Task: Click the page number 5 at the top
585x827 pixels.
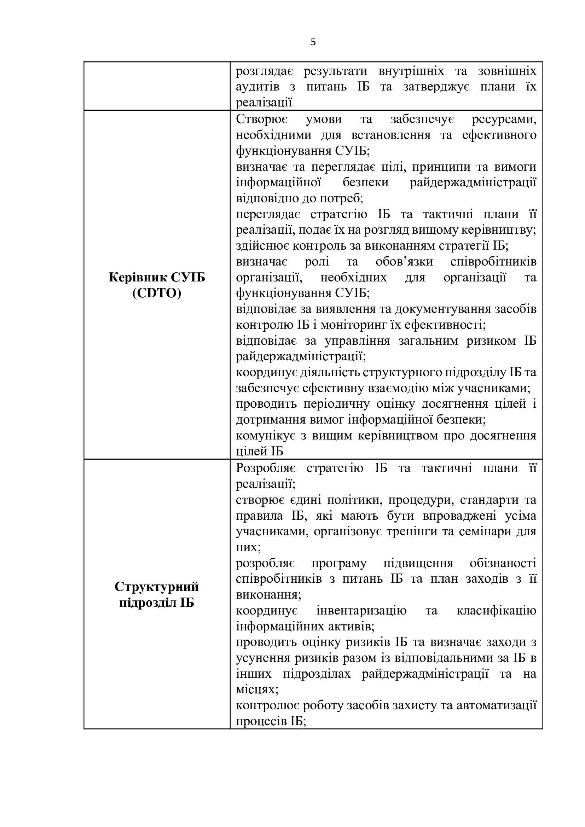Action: point(313,42)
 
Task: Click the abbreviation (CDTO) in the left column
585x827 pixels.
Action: point(157,293)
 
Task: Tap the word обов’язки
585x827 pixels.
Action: point(404,262)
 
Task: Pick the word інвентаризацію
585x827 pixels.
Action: point(361,611)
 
